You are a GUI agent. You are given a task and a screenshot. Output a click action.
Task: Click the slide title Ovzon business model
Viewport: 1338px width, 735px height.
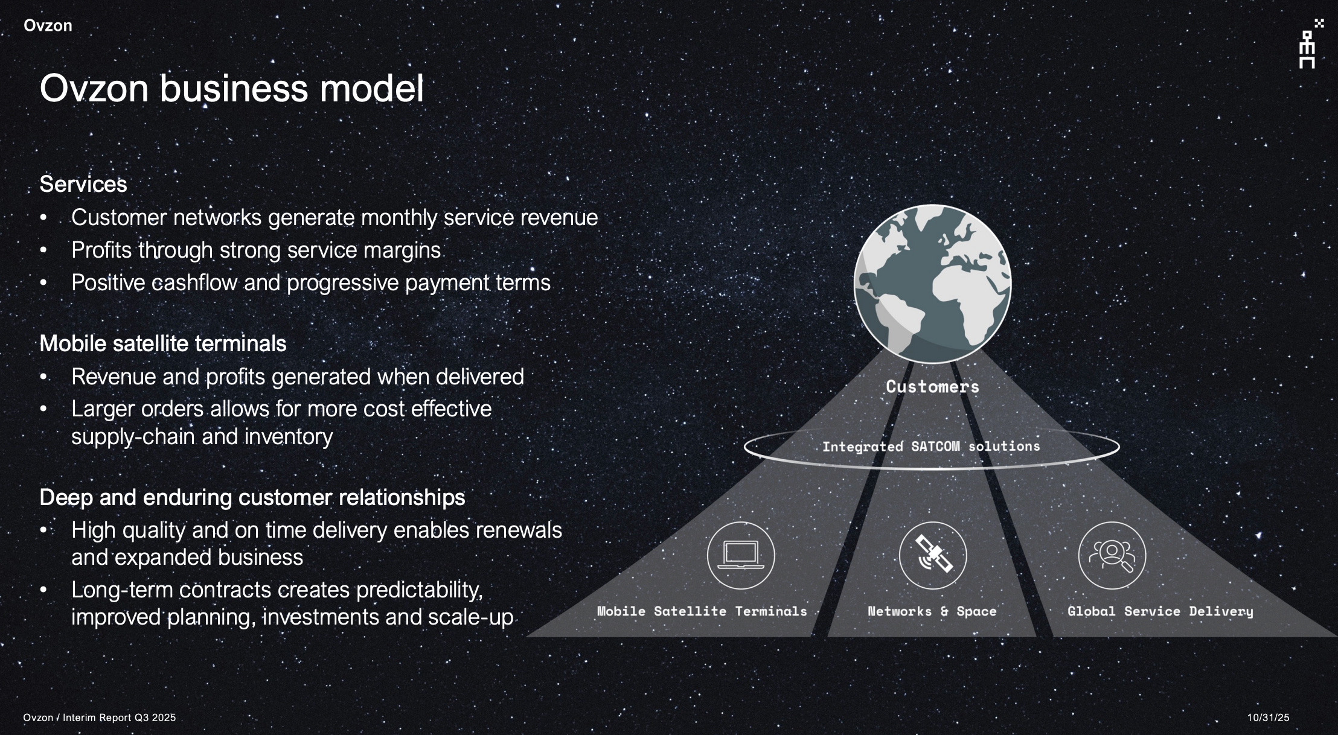(x=231, y=88)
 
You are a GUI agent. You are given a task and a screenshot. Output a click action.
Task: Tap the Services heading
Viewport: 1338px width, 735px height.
(x=83, y=184)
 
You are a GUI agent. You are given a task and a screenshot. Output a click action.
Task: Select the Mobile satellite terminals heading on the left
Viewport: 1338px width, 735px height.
(x=163, y=343)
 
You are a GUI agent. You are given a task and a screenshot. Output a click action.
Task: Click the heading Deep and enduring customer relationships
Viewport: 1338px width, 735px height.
(x=252, y=497)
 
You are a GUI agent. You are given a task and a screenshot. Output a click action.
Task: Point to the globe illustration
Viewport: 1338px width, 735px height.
(x=932, y=284)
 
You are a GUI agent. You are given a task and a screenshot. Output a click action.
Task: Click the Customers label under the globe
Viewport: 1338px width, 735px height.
(x=932, y=387)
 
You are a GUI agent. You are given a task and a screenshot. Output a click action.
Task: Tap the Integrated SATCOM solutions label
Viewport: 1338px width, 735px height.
(x=931, y=447)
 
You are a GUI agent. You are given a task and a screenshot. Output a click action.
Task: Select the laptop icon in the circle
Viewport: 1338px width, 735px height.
(x=741, y=555)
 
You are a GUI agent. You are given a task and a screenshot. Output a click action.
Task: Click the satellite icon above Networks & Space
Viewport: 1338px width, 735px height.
(x=932, y=555)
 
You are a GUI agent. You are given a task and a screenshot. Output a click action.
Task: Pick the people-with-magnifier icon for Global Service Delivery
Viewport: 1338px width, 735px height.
(x=1112, y=555)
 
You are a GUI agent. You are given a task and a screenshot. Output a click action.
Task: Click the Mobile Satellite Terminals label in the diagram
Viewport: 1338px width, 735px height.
(x=702, y=611)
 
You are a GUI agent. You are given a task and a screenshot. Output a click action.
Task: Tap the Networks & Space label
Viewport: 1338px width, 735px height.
(x=932, y=611)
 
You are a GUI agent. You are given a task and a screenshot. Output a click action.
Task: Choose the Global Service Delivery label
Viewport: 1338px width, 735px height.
(x=1160, y=611)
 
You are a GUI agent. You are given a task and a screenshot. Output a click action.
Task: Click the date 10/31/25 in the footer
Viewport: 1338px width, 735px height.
(x=1268, y=717)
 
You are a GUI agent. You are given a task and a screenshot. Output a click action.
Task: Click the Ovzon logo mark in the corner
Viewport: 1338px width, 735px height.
(x=1308, y=45)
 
